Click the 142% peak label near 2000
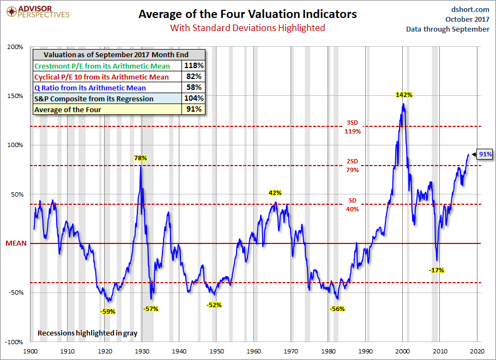[x=404, y=95]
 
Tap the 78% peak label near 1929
[x=141, y=158]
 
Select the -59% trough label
[x=108, y=312]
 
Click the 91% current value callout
[x=485, y=155]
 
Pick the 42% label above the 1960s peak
[x=275, y=193]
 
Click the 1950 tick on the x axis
[x=217, y=352]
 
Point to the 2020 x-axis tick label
[x=477, y=352]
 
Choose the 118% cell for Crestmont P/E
[x=195, y=66]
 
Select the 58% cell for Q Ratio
[x=195, y=88]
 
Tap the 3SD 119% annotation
[x=352, y=127]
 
